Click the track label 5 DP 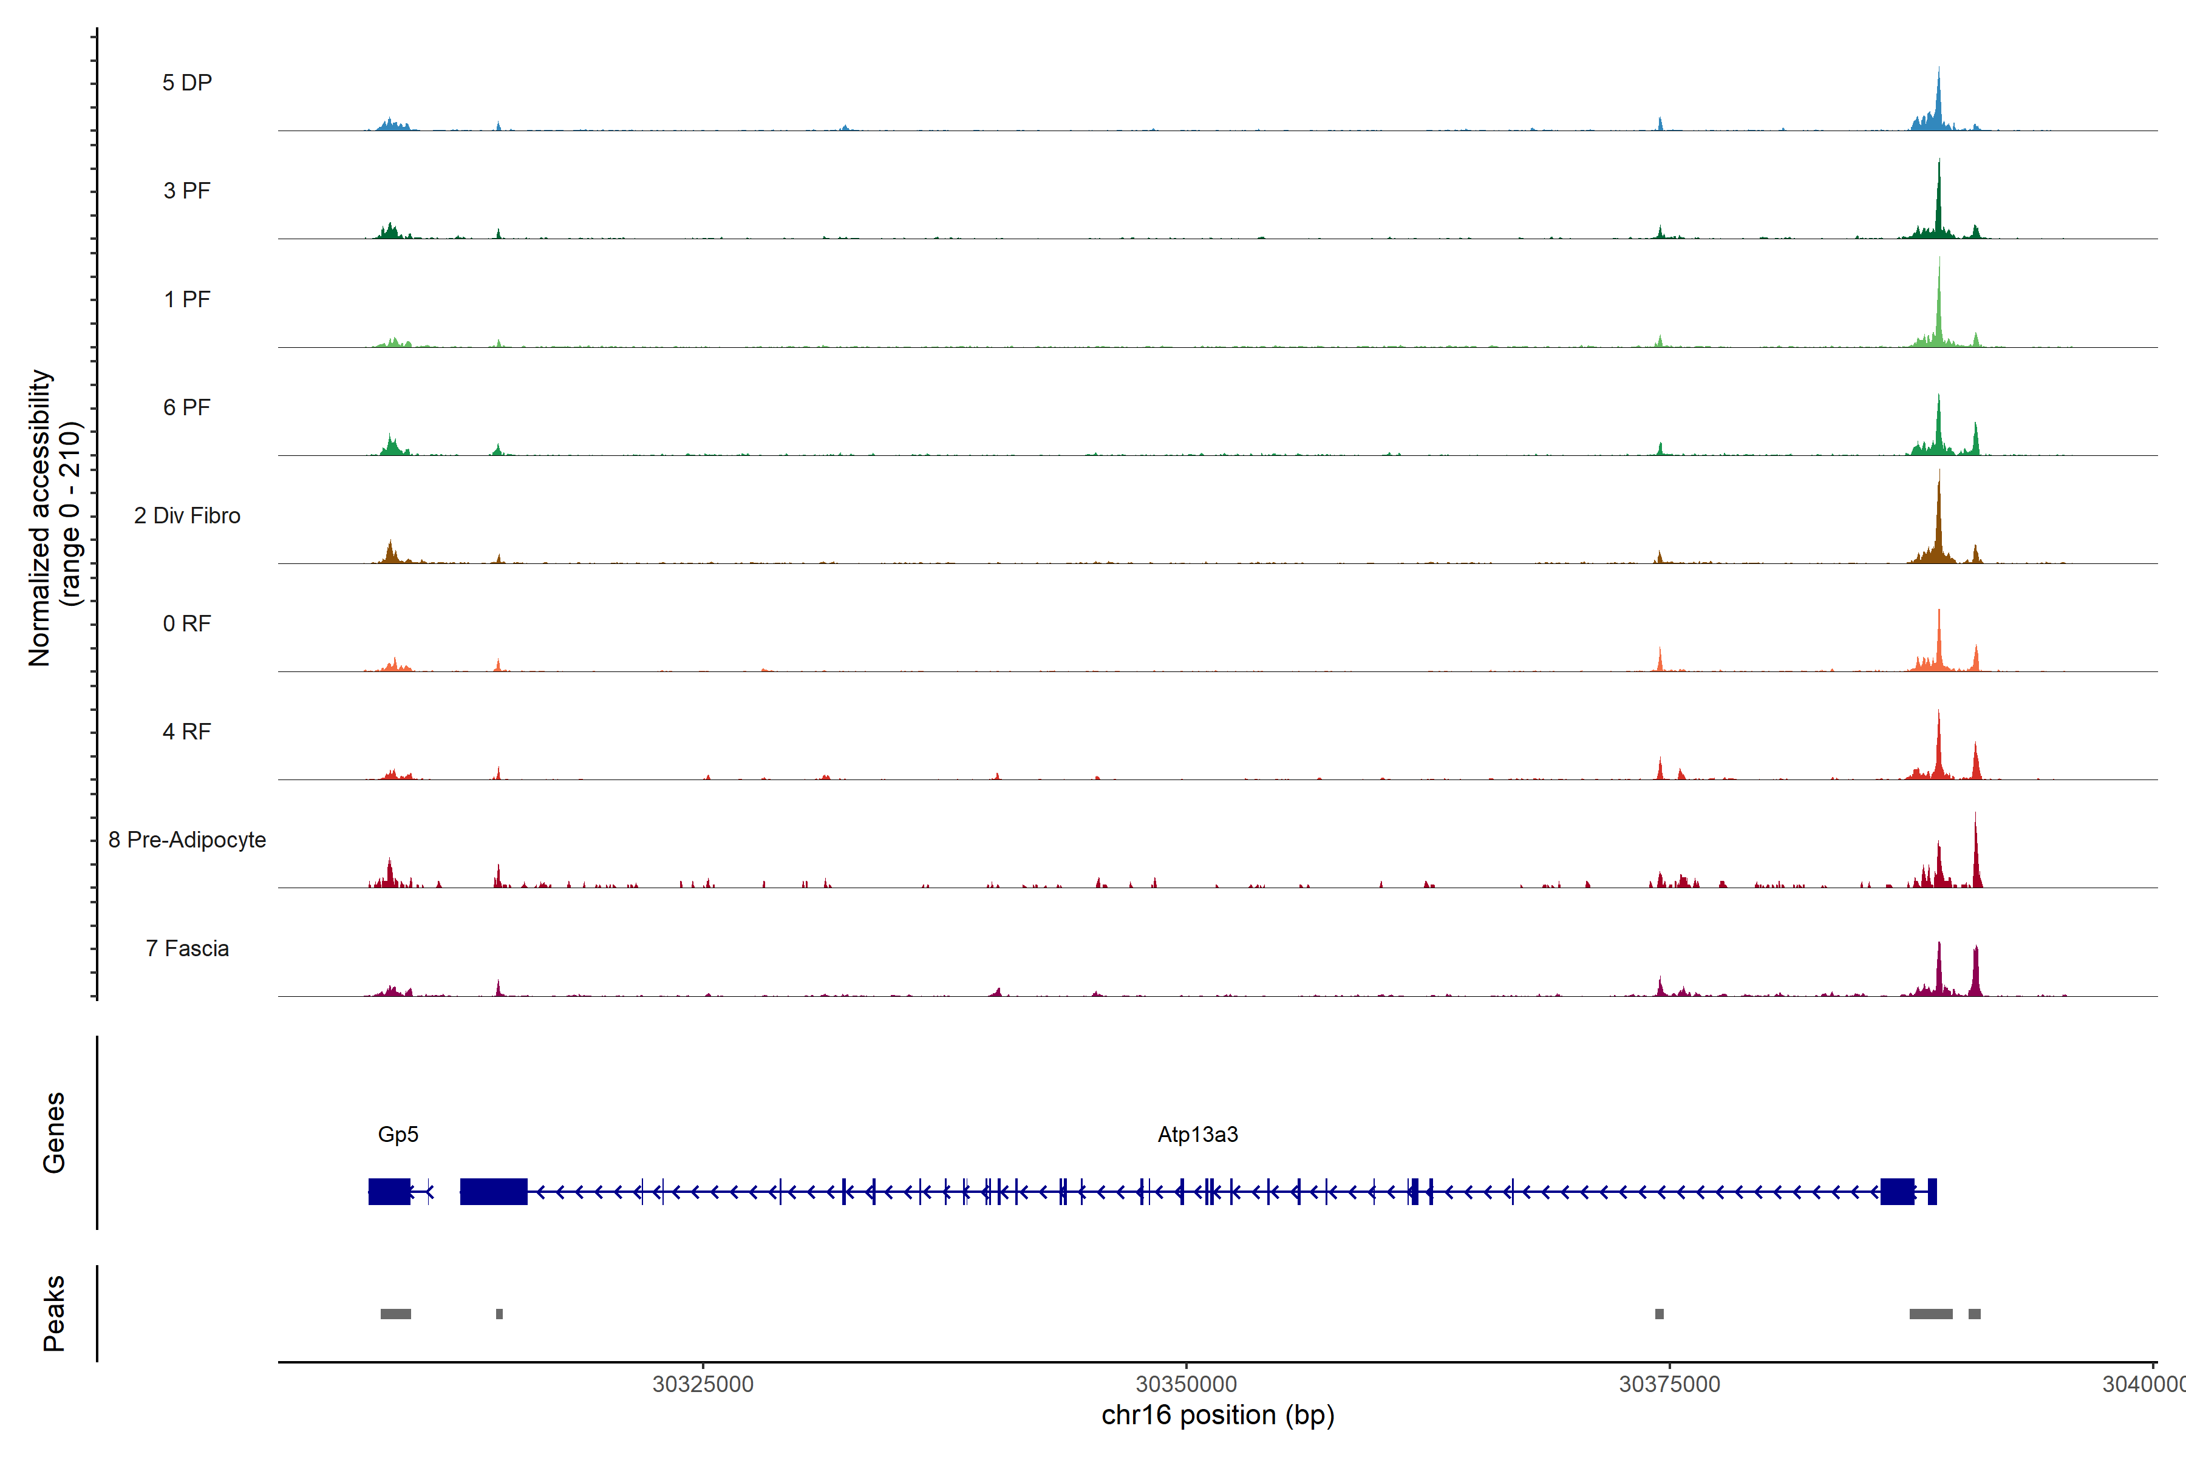(187, 83)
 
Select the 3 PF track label (187, 191)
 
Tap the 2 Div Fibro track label (187, 515)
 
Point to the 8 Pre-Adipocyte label (187, 840)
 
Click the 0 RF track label (187, 623)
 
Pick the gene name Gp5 (398, 1135)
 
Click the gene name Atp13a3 (1197, 1135)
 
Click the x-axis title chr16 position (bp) (1217, 1415)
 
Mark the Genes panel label (54, 1133)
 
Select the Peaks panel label (54, 1313)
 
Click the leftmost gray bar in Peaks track (396, 1314)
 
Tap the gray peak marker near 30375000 (1659, 1314)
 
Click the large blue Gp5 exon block (389, 1191)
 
